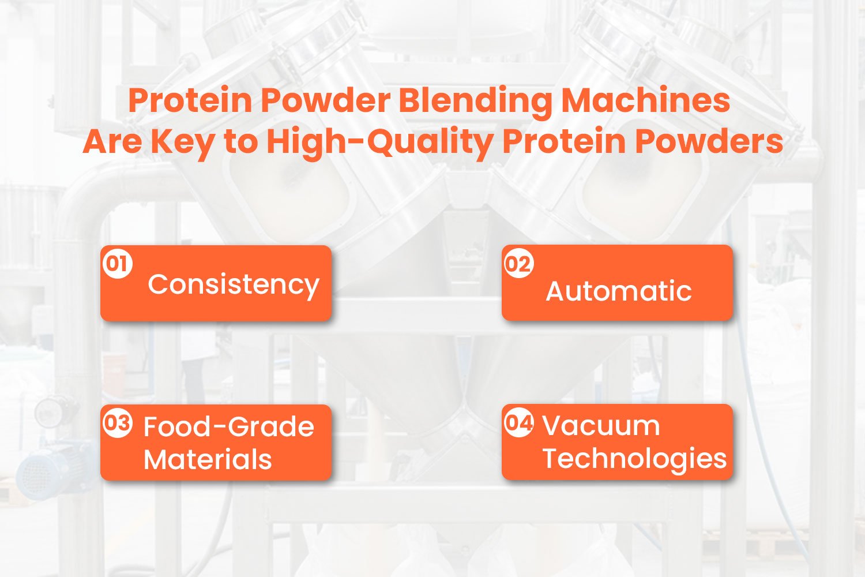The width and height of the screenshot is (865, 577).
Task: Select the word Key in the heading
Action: coord(182,141)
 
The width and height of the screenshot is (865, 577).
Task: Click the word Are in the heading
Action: coord(112,141)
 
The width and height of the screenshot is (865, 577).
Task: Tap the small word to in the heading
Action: coord(240,143)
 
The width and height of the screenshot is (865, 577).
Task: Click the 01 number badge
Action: coord(118,264)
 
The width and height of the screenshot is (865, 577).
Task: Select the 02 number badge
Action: coord(518,264)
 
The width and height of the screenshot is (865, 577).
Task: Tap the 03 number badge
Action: coord(118,423)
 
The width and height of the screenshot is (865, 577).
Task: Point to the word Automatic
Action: coord(619,291)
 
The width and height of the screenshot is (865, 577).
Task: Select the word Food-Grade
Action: coord(228,427)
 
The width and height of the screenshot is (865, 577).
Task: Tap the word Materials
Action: coord(208,460)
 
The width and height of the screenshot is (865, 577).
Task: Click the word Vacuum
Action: coord(601,426)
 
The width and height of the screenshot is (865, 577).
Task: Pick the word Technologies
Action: coord(634,459)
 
